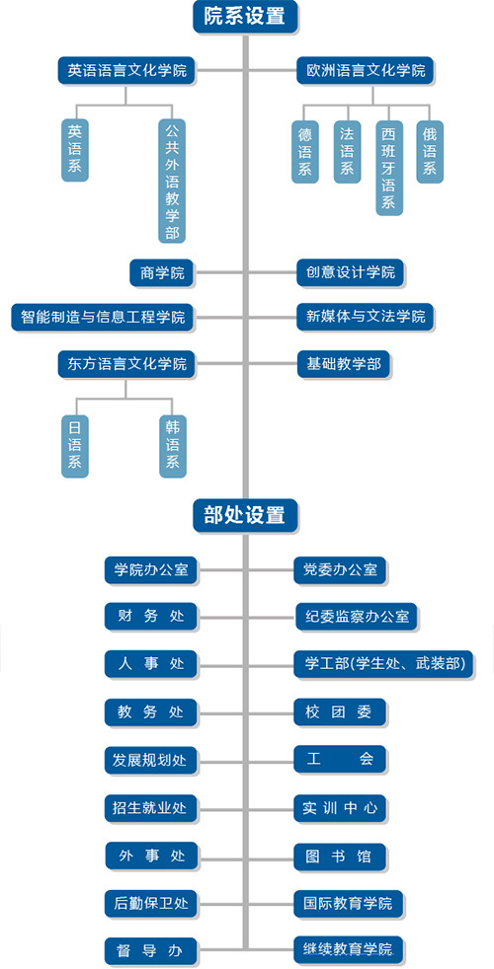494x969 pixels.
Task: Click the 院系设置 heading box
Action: click(x=245, y=17)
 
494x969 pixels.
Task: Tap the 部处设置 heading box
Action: click(x=245, y=515)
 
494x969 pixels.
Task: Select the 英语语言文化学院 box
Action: click(x=126, y=71)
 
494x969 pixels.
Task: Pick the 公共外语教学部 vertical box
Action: click(x=172, y=181)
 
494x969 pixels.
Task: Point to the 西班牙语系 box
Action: click(x=388, y=168)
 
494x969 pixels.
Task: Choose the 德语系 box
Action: click(x=305, y=151)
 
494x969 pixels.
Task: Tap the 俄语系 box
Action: click(x=430, y=151)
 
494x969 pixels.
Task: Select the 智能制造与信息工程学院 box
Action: click(x=103, y=318)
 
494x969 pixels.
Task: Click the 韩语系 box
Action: click(x=172, y=446)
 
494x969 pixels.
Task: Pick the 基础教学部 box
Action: click(x=344, y=364)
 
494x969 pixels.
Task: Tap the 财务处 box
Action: click(x=152, y=616)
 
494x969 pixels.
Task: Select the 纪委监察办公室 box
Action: click(x=357, y=616)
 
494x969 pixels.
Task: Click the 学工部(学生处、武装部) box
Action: click(x=383, y=664)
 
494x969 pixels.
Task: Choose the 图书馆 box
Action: click(x=341, y=857)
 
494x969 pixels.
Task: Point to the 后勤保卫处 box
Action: click(x=152, y=903)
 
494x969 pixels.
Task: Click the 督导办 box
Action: click(x=152, y=950)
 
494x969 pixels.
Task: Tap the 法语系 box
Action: click(x=347, y=151)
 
